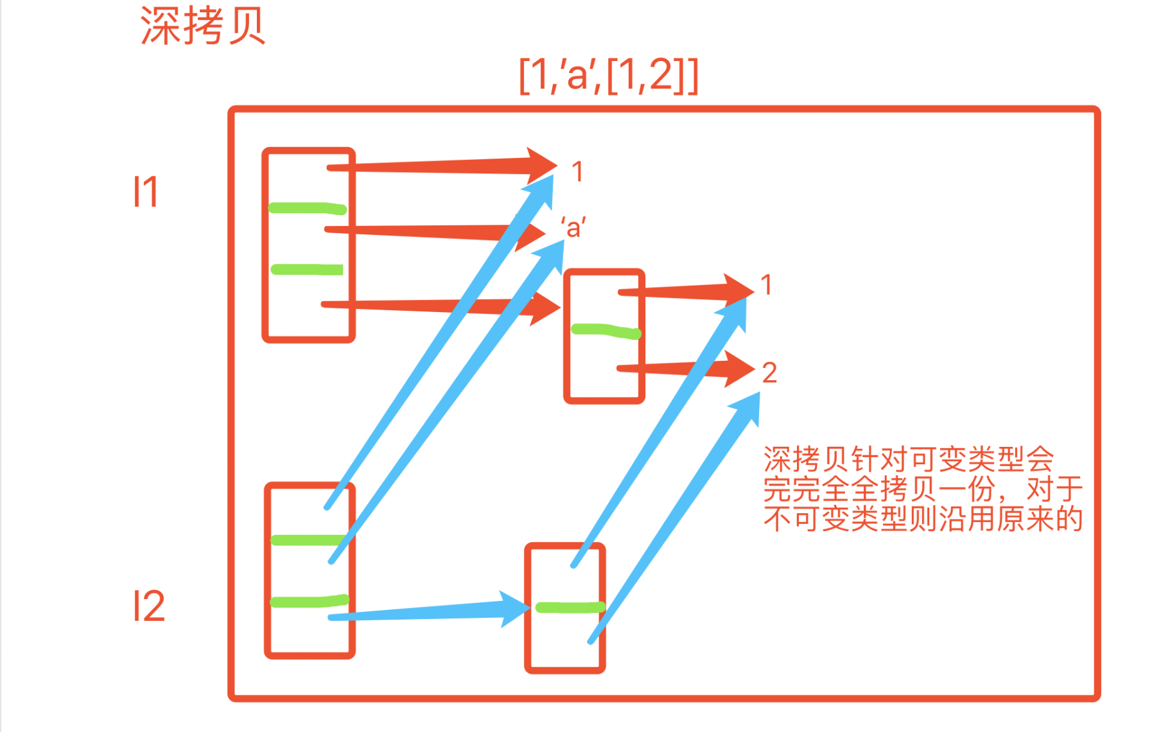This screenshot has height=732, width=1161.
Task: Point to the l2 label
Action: coord(149,606)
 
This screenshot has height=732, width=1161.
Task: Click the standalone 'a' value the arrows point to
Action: coord(573,228)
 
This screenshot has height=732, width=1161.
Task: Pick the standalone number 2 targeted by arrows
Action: coord(769,373)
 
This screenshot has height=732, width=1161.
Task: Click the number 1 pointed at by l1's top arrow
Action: coord(577,171)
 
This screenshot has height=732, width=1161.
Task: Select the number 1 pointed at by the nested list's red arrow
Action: coord(766,284)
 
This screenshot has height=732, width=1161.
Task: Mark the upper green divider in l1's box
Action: coord(308,208)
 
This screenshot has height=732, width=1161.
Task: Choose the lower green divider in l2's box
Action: coord(309,602)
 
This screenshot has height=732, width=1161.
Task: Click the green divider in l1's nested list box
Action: coord(606,331)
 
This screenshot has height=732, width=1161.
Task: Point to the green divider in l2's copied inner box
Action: coord(570,607)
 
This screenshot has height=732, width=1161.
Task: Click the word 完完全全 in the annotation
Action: coord(821,489)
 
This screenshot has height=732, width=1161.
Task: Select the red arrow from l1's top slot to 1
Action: coord(437,166)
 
